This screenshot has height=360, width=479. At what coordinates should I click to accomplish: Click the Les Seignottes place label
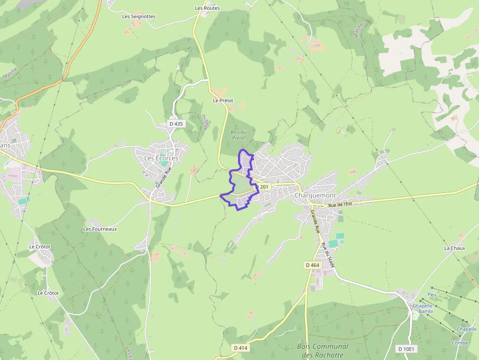click(139, 16)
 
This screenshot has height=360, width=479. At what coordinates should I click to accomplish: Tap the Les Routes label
click(207, 8)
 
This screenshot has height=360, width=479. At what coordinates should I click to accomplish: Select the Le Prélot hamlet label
click(223, 100)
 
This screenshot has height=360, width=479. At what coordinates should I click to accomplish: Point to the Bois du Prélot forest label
click(238, 135)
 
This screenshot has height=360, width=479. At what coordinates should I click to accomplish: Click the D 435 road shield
click(176, 124)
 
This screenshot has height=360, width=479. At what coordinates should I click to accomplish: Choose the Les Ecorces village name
click(161, 158)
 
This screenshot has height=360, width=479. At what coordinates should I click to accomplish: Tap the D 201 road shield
click(262, 187)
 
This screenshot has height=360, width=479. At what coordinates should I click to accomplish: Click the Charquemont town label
click(315, 195)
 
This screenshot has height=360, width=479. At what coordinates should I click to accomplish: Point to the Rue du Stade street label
click(327, 254)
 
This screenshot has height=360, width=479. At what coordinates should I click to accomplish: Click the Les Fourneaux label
click(100, 229)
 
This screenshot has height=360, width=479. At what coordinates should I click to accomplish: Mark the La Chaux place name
click(454, 248)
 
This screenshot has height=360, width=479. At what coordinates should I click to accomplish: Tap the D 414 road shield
click(241, 348)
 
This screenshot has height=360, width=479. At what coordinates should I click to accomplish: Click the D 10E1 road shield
click(406, 349)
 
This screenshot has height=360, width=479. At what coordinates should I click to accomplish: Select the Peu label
click(432, 295)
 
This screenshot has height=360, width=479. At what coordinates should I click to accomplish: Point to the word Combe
click(459, 343)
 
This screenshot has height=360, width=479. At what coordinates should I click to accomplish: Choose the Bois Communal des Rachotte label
click(323, 351)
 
